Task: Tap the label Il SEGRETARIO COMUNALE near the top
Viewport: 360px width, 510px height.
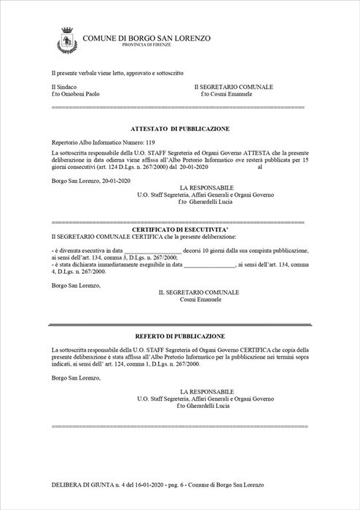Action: tap(233, 87)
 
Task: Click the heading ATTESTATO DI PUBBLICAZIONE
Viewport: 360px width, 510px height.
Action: tap(180, 128)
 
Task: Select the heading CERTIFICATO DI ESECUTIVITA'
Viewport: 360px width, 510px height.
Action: tap(180, 229)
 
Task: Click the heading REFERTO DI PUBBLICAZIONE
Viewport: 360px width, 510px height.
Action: tap(180, 336)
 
